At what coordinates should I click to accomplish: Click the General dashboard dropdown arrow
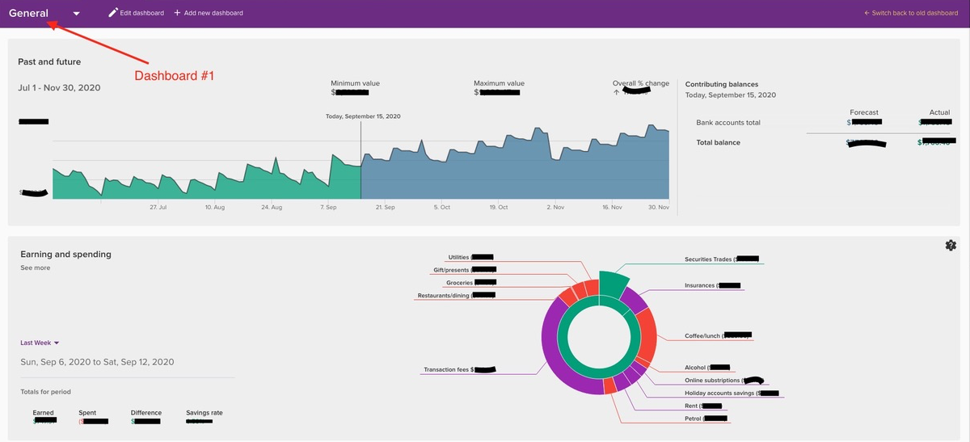point(76,14)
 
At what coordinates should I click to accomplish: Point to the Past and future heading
point(49,61)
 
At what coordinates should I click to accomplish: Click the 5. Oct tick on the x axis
point(441,208)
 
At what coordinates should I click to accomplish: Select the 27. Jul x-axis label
point(158,208)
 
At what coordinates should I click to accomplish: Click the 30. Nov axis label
point(658,208)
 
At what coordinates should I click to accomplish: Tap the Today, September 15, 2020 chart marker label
point(362,116)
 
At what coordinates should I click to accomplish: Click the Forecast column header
point(863,112)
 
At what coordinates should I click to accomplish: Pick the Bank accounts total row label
point(728,123)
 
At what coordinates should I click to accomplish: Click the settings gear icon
point(950,246)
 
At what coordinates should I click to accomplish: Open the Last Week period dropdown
point(40,343)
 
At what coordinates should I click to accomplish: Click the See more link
point(35,267)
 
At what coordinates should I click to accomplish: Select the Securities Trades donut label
point(709,260)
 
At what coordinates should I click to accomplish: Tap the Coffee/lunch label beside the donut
point(703,335)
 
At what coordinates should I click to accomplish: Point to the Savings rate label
point(204,413)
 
